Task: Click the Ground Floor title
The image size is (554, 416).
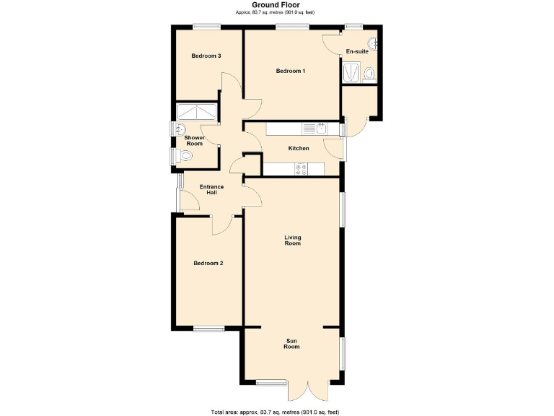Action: coord(276,4)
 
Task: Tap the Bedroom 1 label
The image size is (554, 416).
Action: coord(291,71)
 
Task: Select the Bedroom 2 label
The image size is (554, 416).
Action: coord(208,264)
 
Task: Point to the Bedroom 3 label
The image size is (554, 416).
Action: coord(206,56)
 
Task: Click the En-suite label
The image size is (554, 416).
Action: coord(357,52)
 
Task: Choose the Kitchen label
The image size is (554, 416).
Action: coord(299,148)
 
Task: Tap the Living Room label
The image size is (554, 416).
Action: coord(292,240)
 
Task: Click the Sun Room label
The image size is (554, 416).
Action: coord(291,343)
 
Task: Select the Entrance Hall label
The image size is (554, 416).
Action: coord(211,190)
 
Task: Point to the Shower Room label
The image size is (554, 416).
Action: coord(194,140)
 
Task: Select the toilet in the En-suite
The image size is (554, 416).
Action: coord(369,72)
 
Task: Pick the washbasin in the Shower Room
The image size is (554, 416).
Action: coord(178,129)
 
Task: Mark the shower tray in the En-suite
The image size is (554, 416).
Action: coord(351,72)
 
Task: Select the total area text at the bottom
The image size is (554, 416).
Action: coord(276,412)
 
